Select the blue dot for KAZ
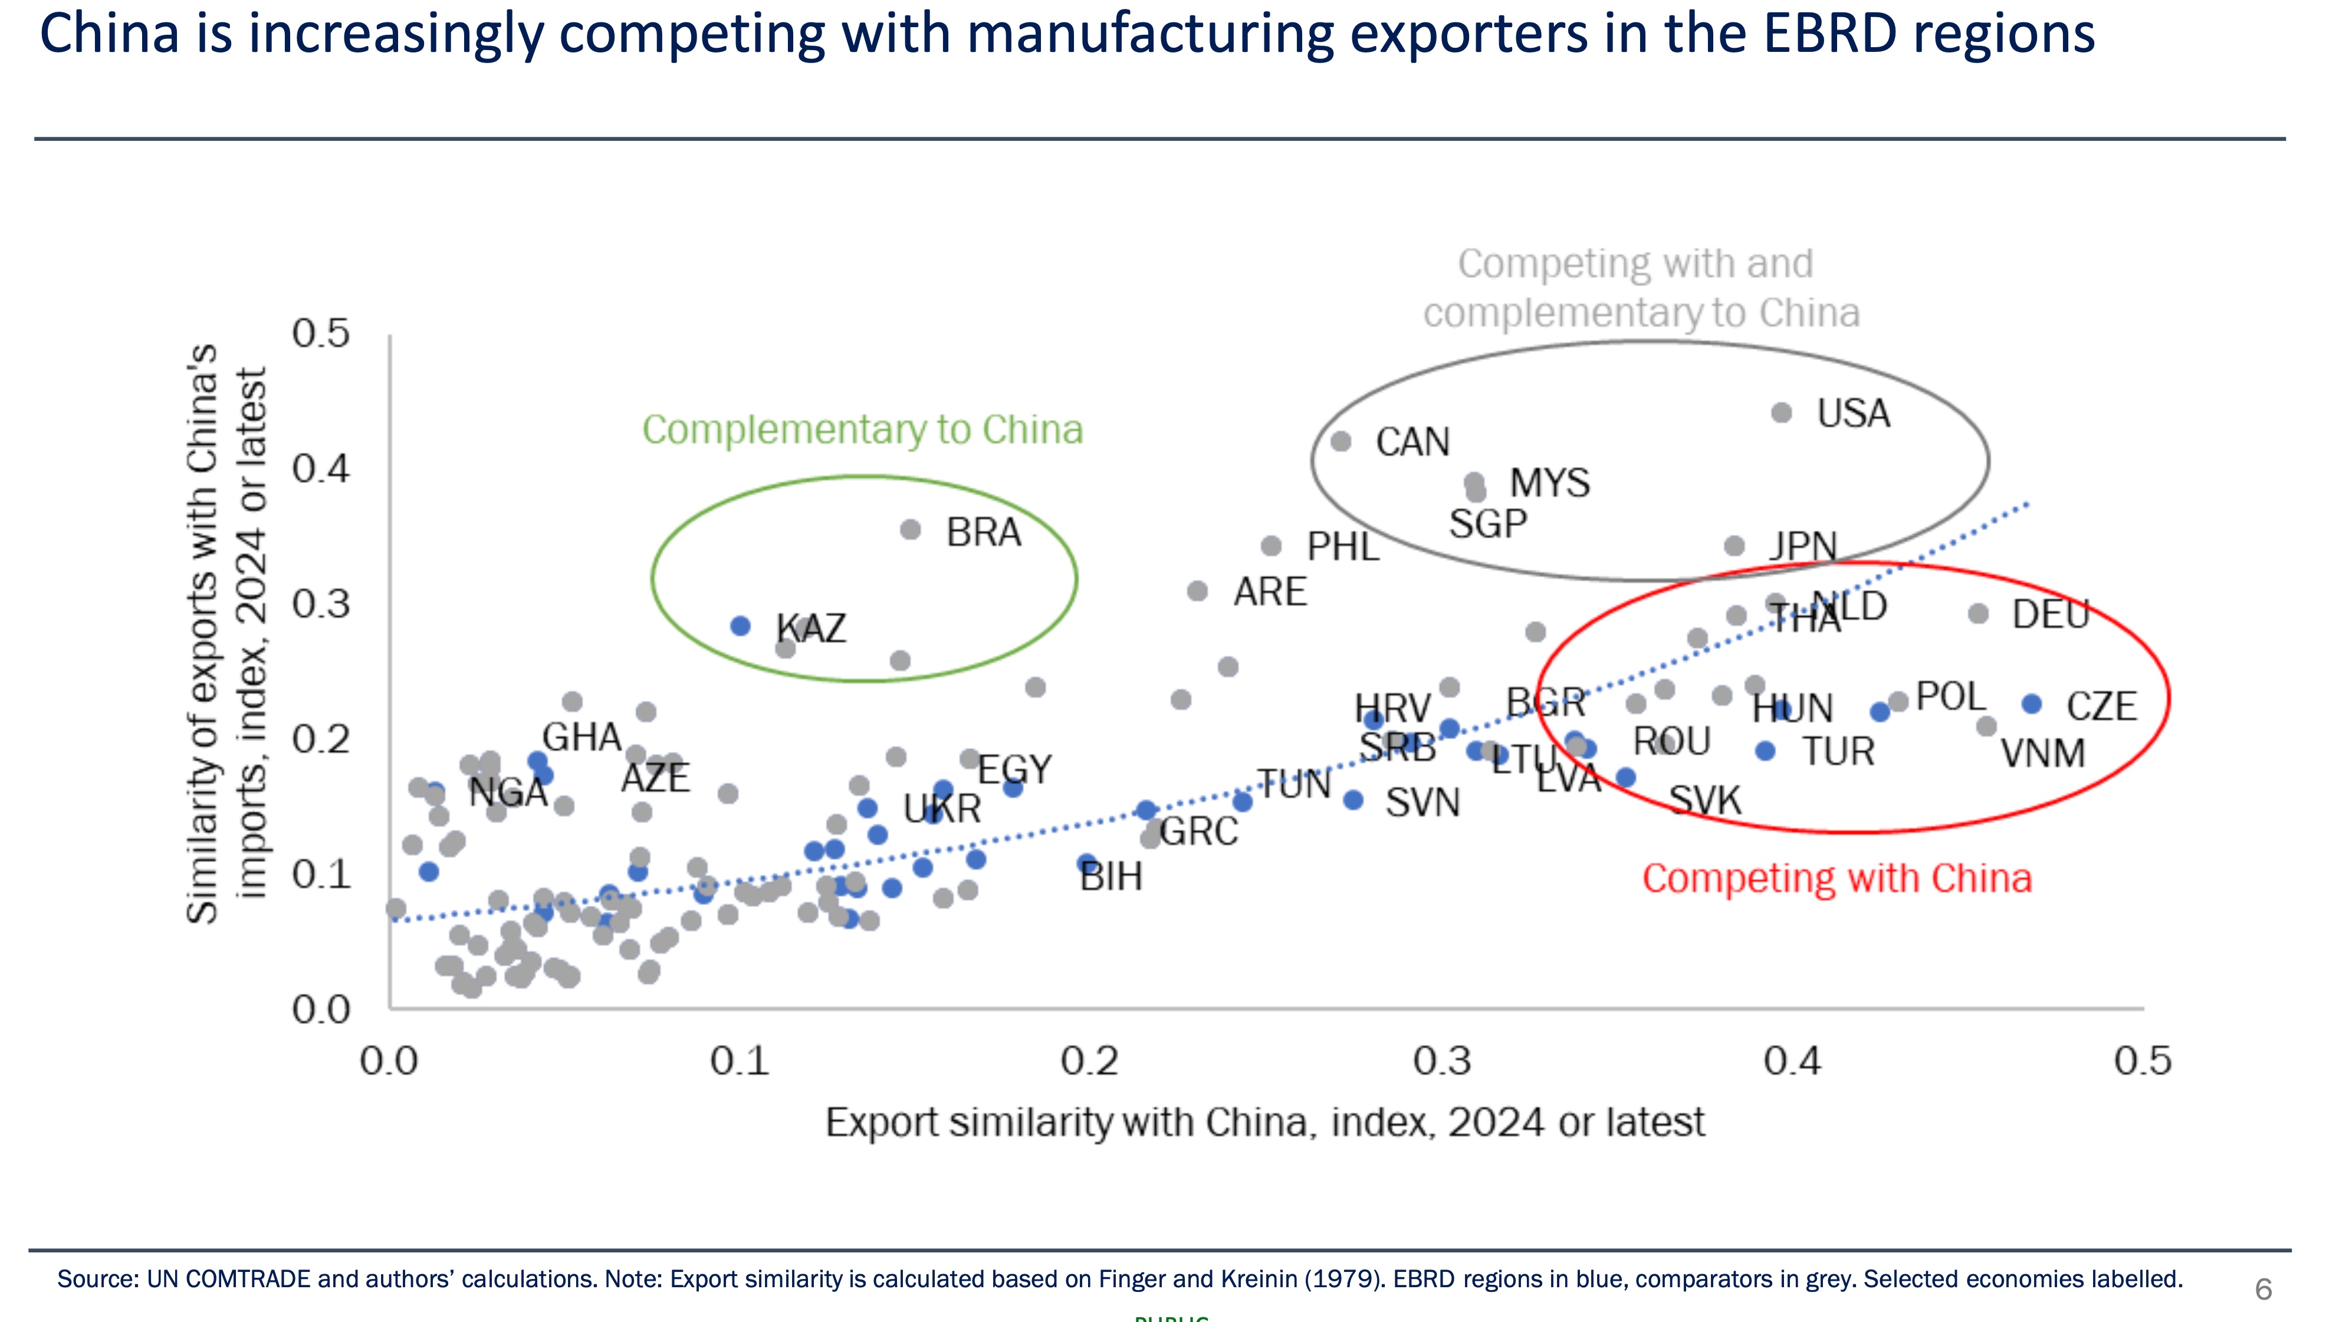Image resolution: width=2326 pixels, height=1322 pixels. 741,626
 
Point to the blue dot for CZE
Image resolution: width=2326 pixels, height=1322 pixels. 2032,703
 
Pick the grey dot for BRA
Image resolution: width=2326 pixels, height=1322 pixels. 911,530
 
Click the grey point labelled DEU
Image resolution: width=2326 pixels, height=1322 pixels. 1978,614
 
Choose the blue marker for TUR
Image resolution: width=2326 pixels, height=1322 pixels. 1766,751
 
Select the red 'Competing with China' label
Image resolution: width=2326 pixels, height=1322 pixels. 1837,878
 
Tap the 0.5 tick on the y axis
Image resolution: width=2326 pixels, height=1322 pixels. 320,333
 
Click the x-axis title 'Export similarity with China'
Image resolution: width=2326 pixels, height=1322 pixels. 1264,1122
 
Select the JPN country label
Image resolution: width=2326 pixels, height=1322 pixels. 1803,547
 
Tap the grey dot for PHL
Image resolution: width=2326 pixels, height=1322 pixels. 1271,545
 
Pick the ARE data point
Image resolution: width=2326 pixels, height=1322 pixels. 1197,591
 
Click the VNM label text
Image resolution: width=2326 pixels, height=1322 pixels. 2043,754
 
